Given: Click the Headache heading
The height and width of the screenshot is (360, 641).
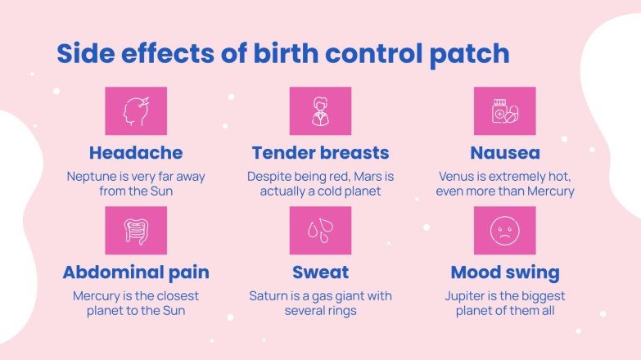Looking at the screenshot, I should click(136, 153).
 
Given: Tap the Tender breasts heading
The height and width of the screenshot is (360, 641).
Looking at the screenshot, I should click(320, 153).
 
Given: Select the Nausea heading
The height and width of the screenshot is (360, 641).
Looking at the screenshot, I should click(505, 153).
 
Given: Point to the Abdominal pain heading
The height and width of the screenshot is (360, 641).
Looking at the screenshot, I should click(136, 272).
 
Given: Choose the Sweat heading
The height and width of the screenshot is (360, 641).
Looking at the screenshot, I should click(320, 272).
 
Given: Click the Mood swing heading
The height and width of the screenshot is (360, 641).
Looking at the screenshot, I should click(505, 272).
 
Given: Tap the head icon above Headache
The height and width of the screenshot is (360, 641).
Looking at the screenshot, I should click(136, 111).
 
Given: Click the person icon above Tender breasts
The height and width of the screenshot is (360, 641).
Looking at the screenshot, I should click(320, 111).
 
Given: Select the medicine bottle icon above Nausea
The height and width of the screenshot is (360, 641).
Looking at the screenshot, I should click(505, 111).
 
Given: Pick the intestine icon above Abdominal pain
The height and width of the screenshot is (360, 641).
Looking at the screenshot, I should click(136, 230).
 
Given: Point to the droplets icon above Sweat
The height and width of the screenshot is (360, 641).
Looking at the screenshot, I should click(320, 230).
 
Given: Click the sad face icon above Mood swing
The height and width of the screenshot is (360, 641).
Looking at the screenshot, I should click(505, 230).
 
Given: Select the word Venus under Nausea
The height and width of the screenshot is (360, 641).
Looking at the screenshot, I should click(458, 176).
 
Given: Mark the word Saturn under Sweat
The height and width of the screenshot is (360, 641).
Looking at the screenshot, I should click(270, 295).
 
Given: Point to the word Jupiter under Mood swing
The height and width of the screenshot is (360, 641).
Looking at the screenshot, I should click(468, 295).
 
